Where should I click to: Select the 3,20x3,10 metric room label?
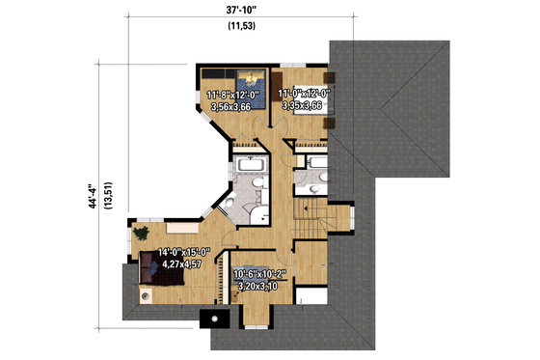(259, 286)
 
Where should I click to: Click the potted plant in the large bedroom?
(142, 233)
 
